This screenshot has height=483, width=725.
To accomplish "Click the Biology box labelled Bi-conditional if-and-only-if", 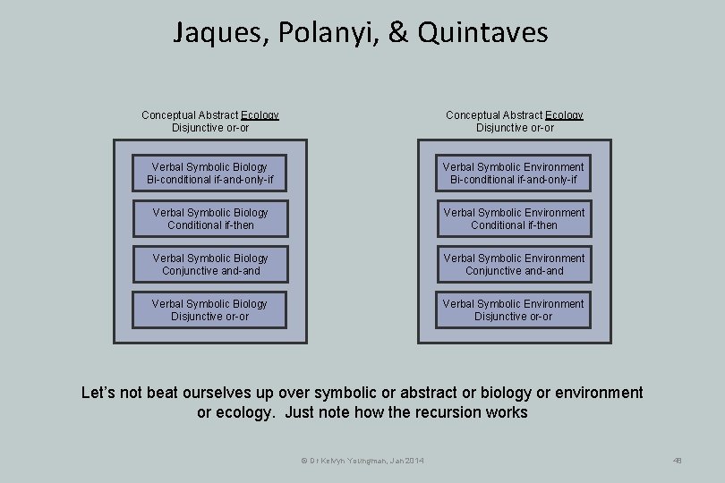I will (x=210, y=174).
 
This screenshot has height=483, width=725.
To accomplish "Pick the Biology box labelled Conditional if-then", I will (x=210, y=219).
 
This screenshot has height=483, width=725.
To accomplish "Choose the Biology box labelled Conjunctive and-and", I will (x=210, y=265).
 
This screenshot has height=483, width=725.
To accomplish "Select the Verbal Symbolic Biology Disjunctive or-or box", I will (x=210, y=310).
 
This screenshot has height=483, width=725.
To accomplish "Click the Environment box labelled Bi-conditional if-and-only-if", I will (x=514, y=174).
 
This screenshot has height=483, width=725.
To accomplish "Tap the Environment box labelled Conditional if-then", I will (x=514, y=219).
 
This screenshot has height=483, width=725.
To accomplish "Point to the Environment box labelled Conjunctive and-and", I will (x=514, y=265).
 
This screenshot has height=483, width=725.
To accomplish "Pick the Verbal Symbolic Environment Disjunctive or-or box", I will (x=514, y=310).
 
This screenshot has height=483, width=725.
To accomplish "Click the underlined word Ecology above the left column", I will (x=260, y=115).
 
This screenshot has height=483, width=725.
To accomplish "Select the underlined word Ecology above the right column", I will (x=564, y=115).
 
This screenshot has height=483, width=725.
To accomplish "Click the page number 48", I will (x=677, y=461).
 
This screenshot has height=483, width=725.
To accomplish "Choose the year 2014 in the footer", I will (x=414, y=461).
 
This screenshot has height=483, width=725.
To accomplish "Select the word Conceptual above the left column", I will (x=165, y=115).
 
